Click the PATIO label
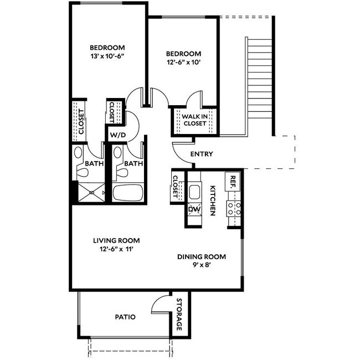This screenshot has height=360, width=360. (x=125, y=317)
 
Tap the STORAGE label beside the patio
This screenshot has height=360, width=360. (x=179, y=315)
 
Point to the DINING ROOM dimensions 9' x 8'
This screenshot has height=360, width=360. (x=201, y=265)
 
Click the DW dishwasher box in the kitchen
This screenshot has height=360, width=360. (x=194, y=209)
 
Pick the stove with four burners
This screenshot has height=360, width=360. (x=233, y=209)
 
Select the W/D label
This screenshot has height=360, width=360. (x=116, y=135)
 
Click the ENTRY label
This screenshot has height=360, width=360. (x=202, y=154)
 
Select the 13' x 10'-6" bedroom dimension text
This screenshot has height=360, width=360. (x=108, y=56)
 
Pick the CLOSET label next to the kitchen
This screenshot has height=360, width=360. (x=176, y=187)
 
